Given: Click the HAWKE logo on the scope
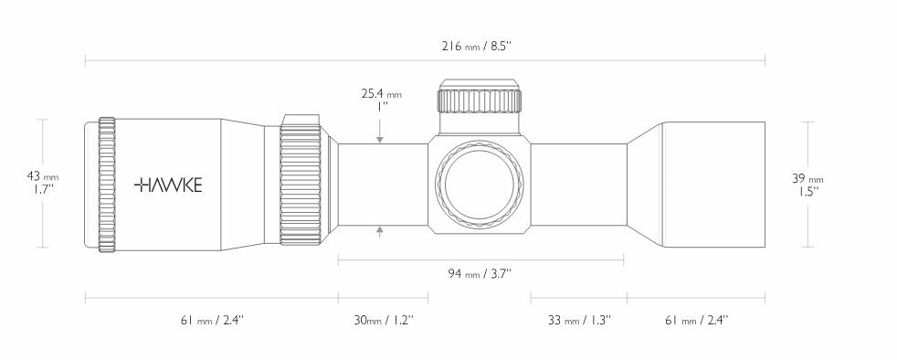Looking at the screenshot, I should pyautogui.click(x=169, y=185).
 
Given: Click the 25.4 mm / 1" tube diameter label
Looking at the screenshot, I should pyautogui.click(x=381, y=100).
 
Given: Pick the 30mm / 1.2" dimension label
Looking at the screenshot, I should pyautogui.click(x=384, y=320).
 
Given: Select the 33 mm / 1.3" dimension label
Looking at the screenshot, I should pyautogui.click(x=579, y=320).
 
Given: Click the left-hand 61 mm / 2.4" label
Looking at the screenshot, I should pyautogui.click(x=211, y=320).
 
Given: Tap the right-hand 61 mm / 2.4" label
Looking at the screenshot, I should pyautogui.click(x=696, y=320).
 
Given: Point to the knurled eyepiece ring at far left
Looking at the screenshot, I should pyautogui.click(x=107, y=184).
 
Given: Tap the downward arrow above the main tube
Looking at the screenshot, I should pyautogui.click(x=380, y=138).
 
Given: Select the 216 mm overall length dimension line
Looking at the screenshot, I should pyautogui.click(x=274, y=61).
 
